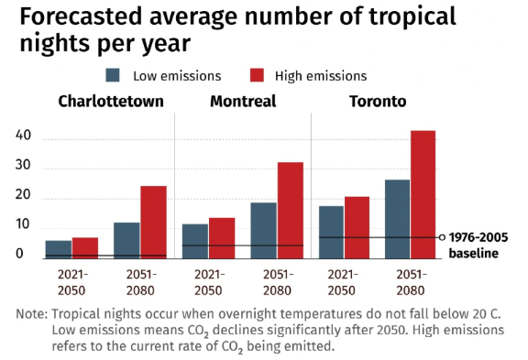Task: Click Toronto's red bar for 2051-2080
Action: pyautogui.click(x=423, y=195)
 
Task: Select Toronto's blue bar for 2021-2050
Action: pyautogui.click(x=331, y=233)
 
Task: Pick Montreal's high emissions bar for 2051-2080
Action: pyautogui.click(x=291, y=211)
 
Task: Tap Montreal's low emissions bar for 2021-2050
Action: pyautogui.click(x=195, y=242)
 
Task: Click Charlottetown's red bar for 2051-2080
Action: pyautogui.click(x=154, y=223)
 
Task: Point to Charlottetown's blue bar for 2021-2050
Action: pyautogui.click(x=59, y=250)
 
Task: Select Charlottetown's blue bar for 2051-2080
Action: pyautogui.click(x=126, y=241)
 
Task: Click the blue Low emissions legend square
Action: pyautogui.click(x=113, y=75)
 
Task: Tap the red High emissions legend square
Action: pyautogui.click(x=257, y=75)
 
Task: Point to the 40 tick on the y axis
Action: pyautogui.click(x=23, y=136)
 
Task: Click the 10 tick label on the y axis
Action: pyautogui.click(x=23, y=224)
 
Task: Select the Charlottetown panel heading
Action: pyautogui.click(x=111, y=102)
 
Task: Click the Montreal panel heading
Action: pyautogui.click(x=243, y=102)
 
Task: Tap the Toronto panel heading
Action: pyautogui.click(x=378, y=102)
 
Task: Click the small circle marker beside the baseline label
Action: pyautogui.click(x=443, y=237)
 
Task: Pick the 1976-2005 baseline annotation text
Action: pyautogui.click(x=478, y=245)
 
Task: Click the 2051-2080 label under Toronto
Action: pyautogui.click(x=412, y=282)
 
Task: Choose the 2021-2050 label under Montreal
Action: pyautogui.click(x=209, y=282)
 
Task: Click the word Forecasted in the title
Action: pyautogui.click(x=81, y=16)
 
